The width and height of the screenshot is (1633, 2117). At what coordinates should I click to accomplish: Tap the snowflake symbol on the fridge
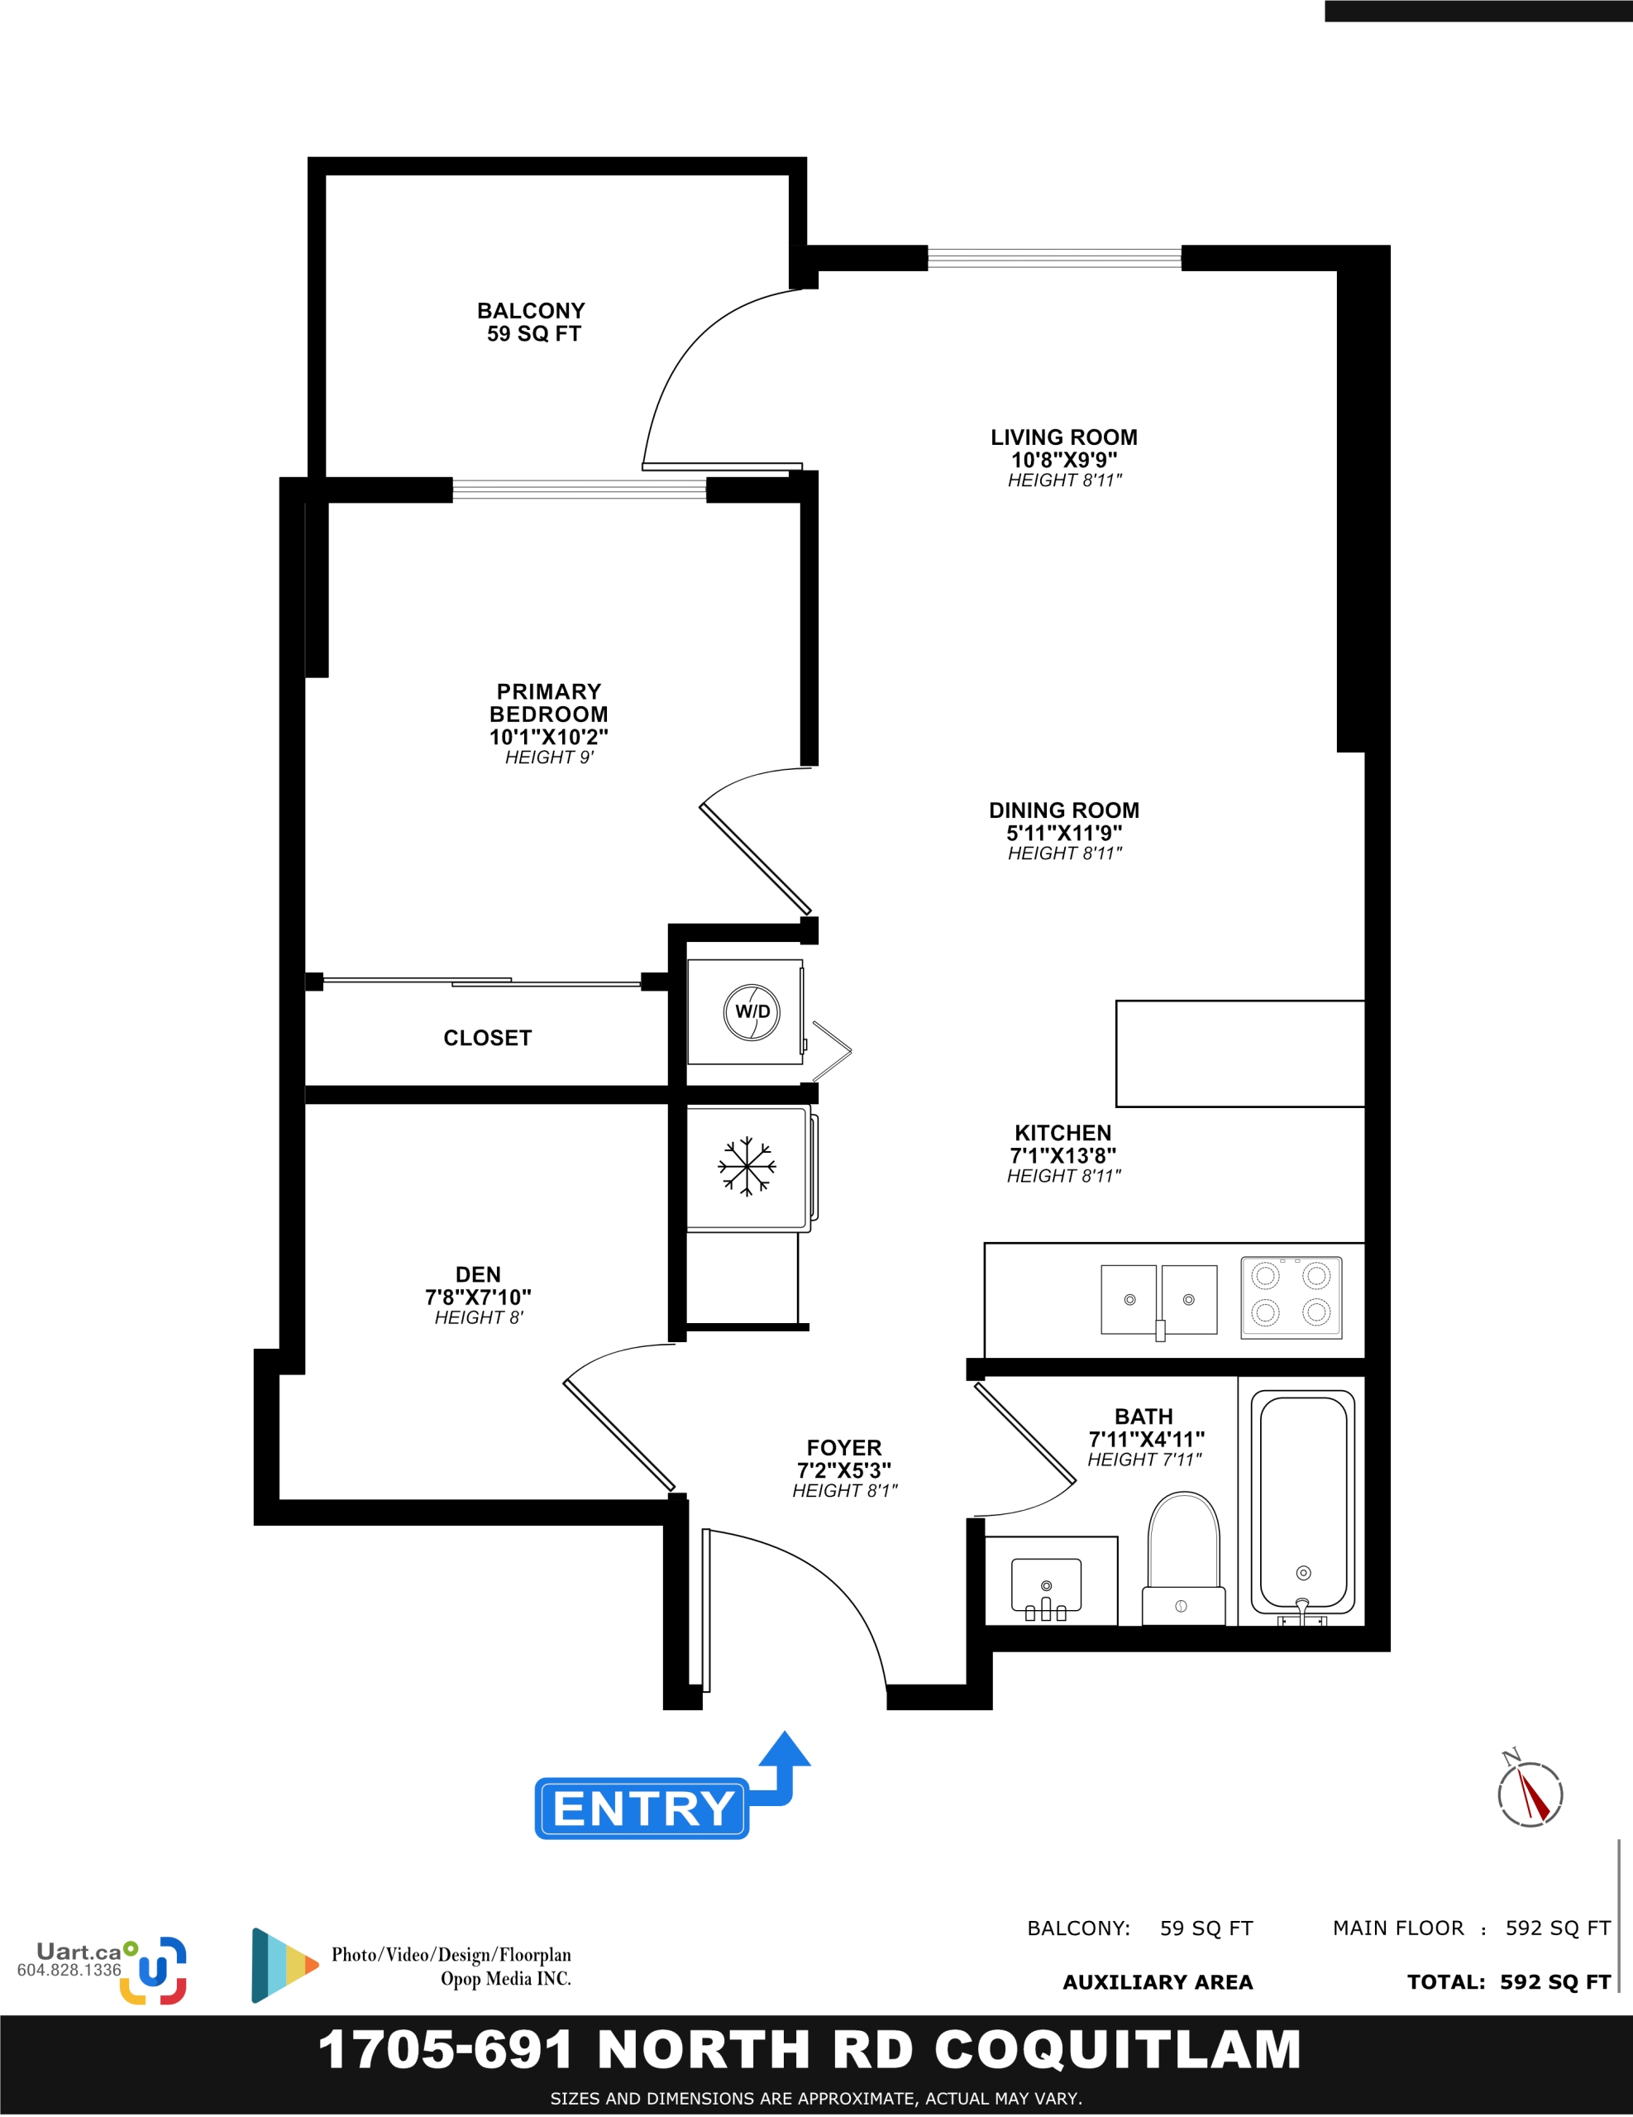747,1166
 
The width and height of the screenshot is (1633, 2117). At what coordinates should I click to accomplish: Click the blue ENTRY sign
642,1808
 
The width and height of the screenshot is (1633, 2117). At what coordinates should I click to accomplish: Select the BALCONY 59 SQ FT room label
532,322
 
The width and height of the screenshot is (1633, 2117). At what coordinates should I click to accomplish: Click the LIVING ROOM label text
1064,437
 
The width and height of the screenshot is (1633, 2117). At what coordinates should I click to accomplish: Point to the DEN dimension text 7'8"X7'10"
479,1297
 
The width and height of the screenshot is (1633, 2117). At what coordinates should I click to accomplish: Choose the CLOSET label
488,1038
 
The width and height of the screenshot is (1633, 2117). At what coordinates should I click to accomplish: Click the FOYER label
844,1447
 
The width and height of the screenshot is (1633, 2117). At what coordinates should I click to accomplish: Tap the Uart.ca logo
103,1970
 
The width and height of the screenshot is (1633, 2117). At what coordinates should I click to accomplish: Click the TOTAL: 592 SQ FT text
1509,1982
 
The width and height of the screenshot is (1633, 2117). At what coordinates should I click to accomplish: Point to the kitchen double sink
1159,1300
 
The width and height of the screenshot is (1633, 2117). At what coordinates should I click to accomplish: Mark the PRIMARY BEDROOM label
548,703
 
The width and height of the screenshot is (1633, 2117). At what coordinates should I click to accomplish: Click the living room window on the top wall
1054,258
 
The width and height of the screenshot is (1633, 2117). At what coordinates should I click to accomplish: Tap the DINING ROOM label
1064,810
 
